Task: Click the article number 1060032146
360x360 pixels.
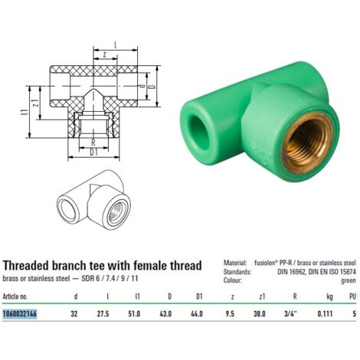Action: point(20,313)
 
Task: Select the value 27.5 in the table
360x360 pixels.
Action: point(103,313)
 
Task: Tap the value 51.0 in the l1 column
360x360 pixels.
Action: point(134,313)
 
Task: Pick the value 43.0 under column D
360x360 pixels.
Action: point(165,313)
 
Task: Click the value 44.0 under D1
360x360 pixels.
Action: point(197,313)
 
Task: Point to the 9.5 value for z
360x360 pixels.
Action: point(230,313)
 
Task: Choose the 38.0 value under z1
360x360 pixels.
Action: point(260,313)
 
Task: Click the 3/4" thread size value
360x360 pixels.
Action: point(290,313)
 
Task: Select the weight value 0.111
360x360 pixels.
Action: point(325,313)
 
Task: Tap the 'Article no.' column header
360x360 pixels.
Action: point(15,296)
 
